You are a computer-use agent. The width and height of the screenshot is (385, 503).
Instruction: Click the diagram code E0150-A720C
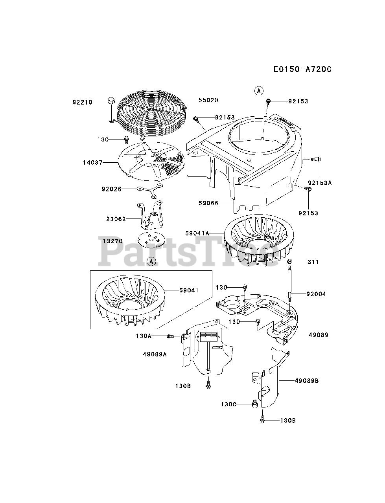click(x=302, y=70)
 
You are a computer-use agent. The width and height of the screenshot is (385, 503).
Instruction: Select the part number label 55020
click(x=208, y=101)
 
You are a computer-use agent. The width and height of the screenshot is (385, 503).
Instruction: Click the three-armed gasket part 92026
click(x=150, y=190)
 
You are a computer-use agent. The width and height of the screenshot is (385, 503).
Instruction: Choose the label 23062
click(x=116, y=219)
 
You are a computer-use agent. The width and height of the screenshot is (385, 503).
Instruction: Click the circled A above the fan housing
click(x=259, y=91)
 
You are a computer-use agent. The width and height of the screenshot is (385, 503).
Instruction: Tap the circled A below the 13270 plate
click(x=152, y=261)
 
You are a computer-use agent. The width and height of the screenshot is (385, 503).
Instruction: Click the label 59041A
click(x=197, y=233)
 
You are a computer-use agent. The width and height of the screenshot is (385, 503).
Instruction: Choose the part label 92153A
click(x=320, y=183)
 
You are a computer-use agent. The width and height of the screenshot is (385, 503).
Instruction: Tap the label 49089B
click(x=306, y=380)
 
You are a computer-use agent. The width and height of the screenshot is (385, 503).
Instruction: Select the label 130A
click(x=144, y=336)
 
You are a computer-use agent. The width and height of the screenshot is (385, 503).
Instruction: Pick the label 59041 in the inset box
click(x=189, y=290)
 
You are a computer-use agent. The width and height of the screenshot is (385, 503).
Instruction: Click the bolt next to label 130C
click(x=254, y=403)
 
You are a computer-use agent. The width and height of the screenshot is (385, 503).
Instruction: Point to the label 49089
click(x=318, y=335)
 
